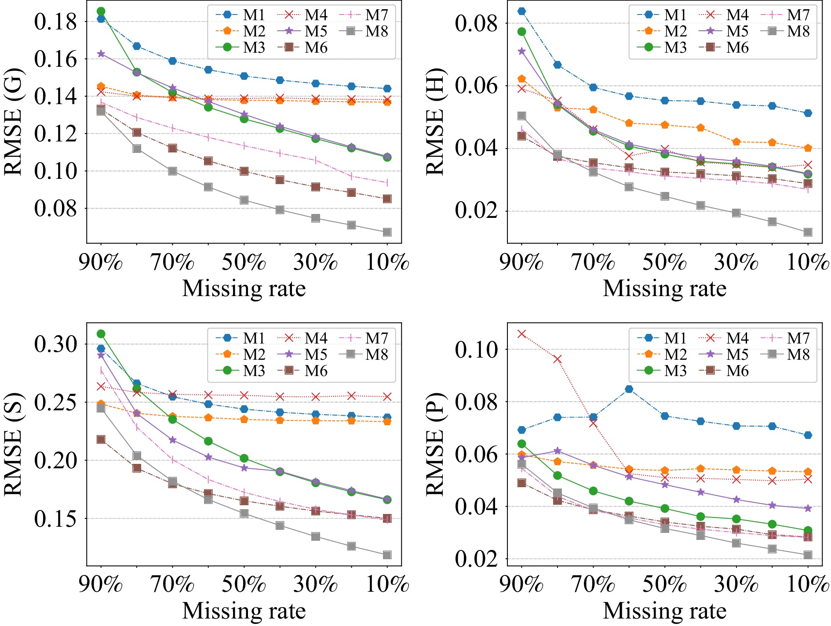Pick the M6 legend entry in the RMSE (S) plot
[x=303, y=371]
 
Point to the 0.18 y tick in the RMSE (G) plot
[x=55, y=22]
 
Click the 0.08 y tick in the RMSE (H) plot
[x=477, y=23]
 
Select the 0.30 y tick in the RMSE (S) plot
[x=55, y=344]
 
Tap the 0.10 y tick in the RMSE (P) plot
[x=477, y=350]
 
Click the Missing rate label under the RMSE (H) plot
[x=664, y=289]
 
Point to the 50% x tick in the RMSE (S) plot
[x=244, y=584]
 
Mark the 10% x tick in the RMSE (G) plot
[x=387, y=262]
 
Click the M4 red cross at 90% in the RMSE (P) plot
[x=521, y=334]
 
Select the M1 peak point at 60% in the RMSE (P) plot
[x=629, y=389]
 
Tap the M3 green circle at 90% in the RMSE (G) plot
[x=101, y=11]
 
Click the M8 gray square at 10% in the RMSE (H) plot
[x=808, y=232]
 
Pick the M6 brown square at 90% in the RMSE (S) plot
[x=101, y=439]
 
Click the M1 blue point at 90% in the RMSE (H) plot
[x=521, y=11]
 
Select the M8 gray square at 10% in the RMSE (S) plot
[x=387, y=555]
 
